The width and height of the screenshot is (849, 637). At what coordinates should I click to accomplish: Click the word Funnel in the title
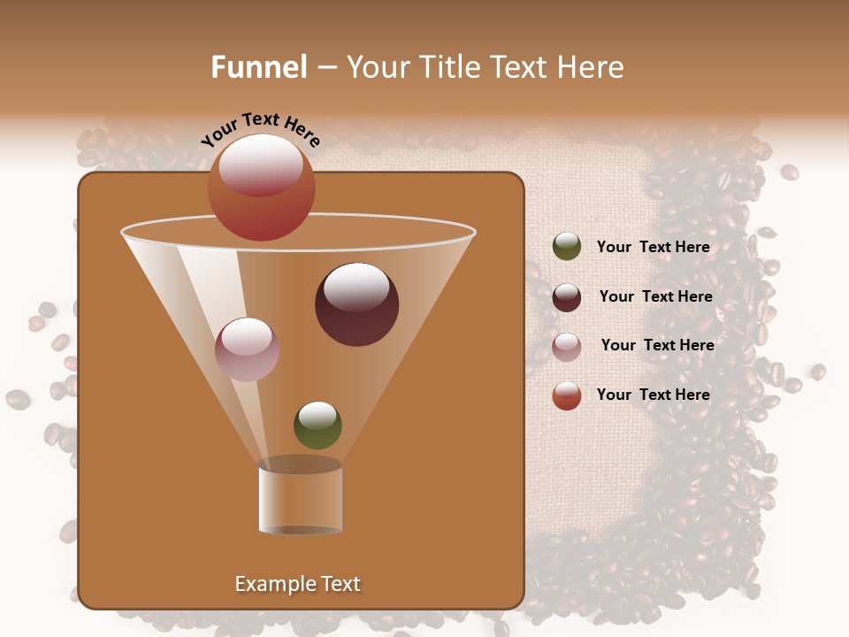[258, 67]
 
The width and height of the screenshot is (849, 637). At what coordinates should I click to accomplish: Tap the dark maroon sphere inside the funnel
[356, 304]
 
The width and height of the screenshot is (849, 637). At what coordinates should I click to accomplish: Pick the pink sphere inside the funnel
[247, 349]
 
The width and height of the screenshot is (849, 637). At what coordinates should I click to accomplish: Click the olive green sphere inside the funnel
[317, 426]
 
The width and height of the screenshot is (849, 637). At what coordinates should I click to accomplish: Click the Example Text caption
[297, 584]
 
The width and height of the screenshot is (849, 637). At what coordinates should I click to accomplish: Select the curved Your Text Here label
[260, 129]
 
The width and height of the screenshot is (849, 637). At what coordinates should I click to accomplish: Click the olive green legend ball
[567, 247]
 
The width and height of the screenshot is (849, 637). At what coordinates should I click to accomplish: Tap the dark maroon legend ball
[567, 297]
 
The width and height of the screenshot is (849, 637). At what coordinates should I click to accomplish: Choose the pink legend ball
[567, 346]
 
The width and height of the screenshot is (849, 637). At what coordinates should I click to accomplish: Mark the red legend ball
[567, 395]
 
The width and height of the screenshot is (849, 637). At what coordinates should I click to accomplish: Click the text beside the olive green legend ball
[653, 248]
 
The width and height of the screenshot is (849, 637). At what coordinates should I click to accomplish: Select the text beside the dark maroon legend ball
[655, 297]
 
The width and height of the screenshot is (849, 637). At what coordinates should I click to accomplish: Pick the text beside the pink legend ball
[657, 346]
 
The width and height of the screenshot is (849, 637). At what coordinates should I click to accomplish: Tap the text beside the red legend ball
[653, 395]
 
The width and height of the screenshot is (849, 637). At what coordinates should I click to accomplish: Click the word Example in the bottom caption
[272, 584]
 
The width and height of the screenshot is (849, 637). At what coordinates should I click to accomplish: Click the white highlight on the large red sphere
[260, 165]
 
